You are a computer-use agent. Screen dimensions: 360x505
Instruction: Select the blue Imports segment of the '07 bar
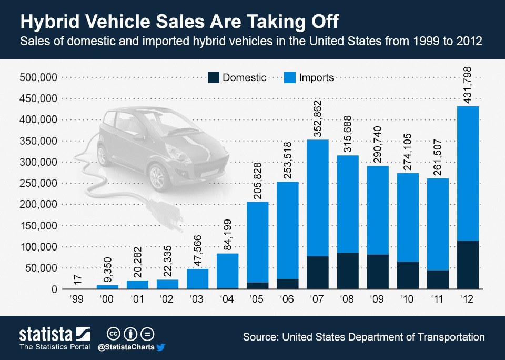[x=317, y=197]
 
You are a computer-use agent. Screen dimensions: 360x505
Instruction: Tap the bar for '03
[x=197, y=279]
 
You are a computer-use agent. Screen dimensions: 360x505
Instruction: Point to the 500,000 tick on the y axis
[x=37, y=77]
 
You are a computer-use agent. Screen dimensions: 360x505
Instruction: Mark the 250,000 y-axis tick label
[x=37, y=183]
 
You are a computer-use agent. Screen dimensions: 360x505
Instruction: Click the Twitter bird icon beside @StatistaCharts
[x=160, y=347]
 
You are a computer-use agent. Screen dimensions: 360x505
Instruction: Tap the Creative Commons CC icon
[x=113, y=334]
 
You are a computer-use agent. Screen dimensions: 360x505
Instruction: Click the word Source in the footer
[x=261, y=337]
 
